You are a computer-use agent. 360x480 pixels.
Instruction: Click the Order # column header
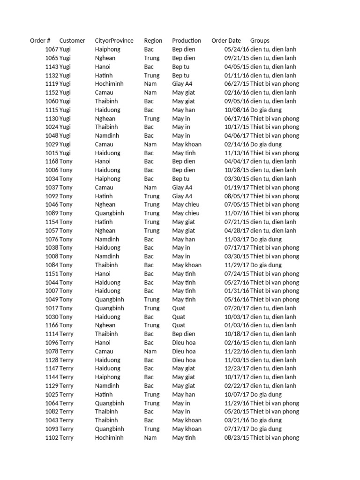pyautogui.click(x=40, y=41)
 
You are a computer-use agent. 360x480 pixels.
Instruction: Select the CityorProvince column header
pyautogui.click(x=114, y=41)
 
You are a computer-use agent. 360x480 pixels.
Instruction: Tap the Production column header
pyautogui.click(x=187, y=41)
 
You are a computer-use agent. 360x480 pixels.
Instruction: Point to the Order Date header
pyautogui.click(x=226, y=41)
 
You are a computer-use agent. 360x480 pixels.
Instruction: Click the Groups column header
pyautogui.click(x=260, y=41)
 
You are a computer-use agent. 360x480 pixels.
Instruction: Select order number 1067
pyautogui.click(x=52, y=49)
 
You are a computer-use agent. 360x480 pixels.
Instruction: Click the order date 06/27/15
pyautogui.click(x=237, y=84)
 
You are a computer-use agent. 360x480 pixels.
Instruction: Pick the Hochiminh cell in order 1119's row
pyautogui.click(x=109, y=84)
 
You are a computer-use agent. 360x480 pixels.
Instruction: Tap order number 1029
pyautogui.click(x=52, y=144)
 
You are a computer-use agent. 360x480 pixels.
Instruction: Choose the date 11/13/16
pyautogui.click(x=237, y=153)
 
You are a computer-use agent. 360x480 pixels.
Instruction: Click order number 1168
pyautogui.click(x=52, y=161)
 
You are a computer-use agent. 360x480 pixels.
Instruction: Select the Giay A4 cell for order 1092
pyautogui.click(x=182, y=196)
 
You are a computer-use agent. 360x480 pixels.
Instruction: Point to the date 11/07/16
pyautogui.click(x=237, y=213)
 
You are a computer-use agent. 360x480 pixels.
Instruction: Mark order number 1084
pyautogui.click(x=52, y=265)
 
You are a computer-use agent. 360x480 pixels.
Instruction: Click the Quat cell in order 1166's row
pyautogui.click(x=179, y=325)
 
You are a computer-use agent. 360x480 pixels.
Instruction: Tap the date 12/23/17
pyautogui.click(x=237, y=368)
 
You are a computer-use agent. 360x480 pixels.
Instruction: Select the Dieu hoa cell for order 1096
pyautogui.click(x=184, y=343)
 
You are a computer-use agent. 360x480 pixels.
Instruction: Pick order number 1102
pyautogui.click(x=52, y=438)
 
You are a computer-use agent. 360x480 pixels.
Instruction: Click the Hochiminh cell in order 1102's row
pyautogui.click(x=109, y=438)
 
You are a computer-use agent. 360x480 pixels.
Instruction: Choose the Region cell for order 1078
pyautogui.click(x=150, y=351)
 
